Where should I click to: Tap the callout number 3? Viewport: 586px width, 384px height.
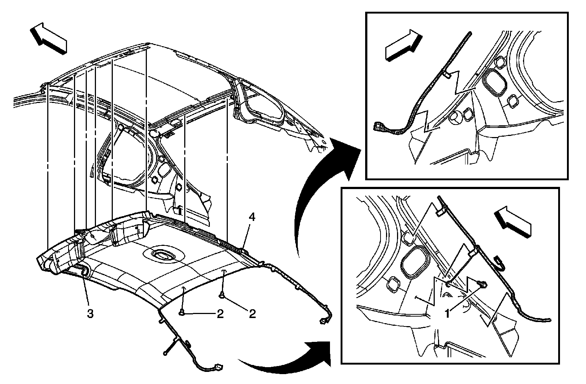click(90, 314)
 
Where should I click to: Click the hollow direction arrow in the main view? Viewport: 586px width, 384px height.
click(48, 38)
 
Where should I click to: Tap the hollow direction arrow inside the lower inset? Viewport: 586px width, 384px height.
click(512, 222)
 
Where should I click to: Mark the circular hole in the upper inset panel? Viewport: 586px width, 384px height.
click(454, 117)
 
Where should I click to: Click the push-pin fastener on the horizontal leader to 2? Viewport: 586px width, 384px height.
click(182, 312)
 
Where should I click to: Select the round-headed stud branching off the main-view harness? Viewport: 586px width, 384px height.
click(166, 353)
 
